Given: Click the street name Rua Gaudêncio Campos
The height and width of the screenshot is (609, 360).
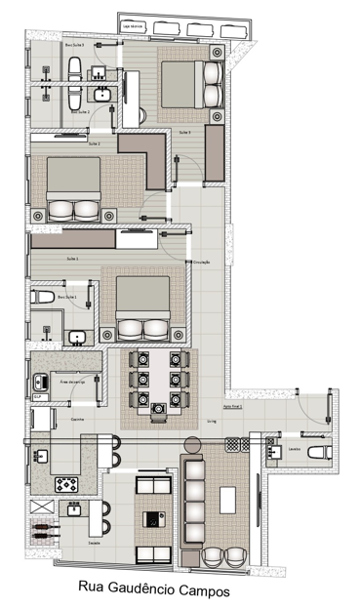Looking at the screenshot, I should click(x=180, y=589).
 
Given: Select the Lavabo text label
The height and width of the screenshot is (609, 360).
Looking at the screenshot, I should click(x=293, y=450).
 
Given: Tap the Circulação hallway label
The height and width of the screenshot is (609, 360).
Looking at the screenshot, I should click(x=202, y=263).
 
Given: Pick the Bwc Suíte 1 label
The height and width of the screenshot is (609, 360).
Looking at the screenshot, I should click(x=67, y=295).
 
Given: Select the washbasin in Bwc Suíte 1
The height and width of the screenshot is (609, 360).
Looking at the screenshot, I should click(x=75, y=338).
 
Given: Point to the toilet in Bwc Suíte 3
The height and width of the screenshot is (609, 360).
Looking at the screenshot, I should click(x=75, y=67).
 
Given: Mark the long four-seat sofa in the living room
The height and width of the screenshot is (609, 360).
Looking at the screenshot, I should click(x=192, y=500).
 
